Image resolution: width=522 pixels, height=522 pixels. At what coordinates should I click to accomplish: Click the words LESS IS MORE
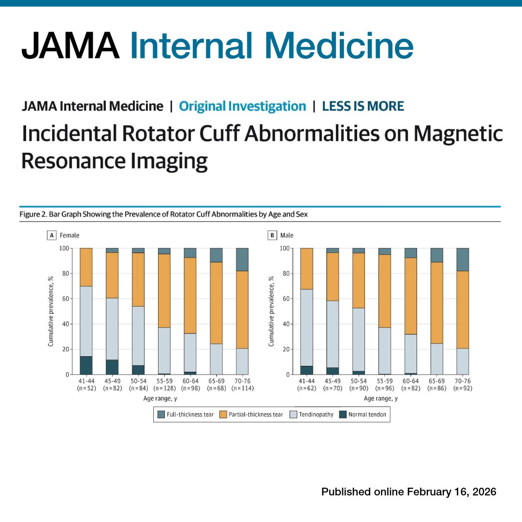click(363, 106)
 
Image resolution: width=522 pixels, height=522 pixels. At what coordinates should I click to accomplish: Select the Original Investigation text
click(242, 106)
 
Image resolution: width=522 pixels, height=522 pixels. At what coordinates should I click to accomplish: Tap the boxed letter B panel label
click(272, 235)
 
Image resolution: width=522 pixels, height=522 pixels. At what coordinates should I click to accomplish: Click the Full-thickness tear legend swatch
click(161, 414)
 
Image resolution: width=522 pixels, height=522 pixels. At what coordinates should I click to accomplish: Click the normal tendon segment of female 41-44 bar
click(86, 365)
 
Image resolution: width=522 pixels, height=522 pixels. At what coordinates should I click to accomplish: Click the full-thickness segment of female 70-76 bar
click(242, 260)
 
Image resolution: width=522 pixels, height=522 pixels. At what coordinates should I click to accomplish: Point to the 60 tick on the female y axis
click(63, 299)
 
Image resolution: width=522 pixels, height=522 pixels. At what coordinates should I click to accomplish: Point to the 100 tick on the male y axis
click(285, 248)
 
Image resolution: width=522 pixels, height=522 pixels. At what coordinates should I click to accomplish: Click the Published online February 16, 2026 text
click(409, 492)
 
